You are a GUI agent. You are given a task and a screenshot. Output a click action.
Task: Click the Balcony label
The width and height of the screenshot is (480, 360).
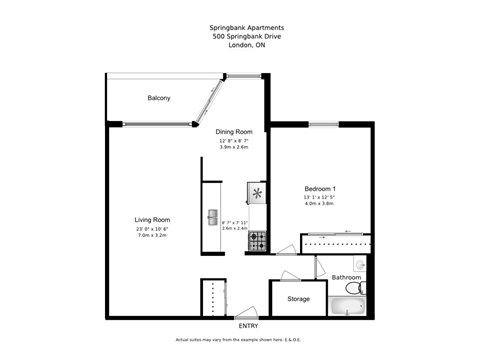pyautogui.click(x=158, y=98)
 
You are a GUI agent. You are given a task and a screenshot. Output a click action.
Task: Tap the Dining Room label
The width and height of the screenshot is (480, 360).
pyautogui.click(x=235, y=132)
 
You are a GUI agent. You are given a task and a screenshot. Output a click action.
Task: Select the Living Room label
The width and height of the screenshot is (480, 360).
pyautogui.click(x=153, y=220)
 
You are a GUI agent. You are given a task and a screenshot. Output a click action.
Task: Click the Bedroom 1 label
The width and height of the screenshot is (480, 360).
pyautogui.click(x=320, y=189)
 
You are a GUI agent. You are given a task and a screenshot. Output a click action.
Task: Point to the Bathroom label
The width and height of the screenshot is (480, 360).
pyautogui.click(x=346, y=277)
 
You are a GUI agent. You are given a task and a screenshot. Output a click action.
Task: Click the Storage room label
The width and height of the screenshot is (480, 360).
pyautogui.click(x=298, y=299)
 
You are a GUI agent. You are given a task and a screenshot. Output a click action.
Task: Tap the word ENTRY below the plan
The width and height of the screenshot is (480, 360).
pyautogui.click(x=248, y=326)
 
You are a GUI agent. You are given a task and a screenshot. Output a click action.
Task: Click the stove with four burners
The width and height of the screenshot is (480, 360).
pyautogui.click(x=257, y=241)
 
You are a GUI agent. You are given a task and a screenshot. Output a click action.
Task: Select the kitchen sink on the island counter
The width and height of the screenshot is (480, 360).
pyautogui.click(x=212, y=217)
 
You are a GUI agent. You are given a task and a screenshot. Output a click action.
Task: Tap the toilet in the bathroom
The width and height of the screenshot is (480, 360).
pyautogui.click(x=363, y=289)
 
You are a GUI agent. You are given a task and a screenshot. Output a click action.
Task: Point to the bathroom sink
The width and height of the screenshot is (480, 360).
pyautogui.click(x=360, y=264)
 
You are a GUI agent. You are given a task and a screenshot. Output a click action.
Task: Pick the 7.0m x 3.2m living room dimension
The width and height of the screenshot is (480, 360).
pyautogui.click(x=153, y=237)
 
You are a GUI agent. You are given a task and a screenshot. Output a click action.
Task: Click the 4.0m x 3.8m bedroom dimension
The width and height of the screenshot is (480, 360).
pyautogui.click(x=320, y=205)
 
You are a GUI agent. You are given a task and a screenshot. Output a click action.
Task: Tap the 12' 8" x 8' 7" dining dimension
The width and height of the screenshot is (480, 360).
pyautogui.click(x=235, y=141)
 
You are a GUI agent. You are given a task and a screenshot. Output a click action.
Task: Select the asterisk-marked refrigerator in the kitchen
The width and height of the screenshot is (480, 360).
pyautogui.click(x=258, y=193)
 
